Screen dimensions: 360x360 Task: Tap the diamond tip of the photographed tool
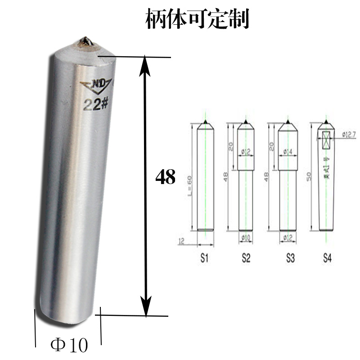[84, 42]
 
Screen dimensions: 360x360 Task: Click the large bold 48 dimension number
[165, 177]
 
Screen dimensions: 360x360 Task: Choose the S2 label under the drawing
[246, 259]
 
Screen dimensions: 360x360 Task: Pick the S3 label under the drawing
[290, 259]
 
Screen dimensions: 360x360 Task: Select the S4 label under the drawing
[328, 259]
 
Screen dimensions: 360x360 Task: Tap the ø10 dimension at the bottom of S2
[246, 237]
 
